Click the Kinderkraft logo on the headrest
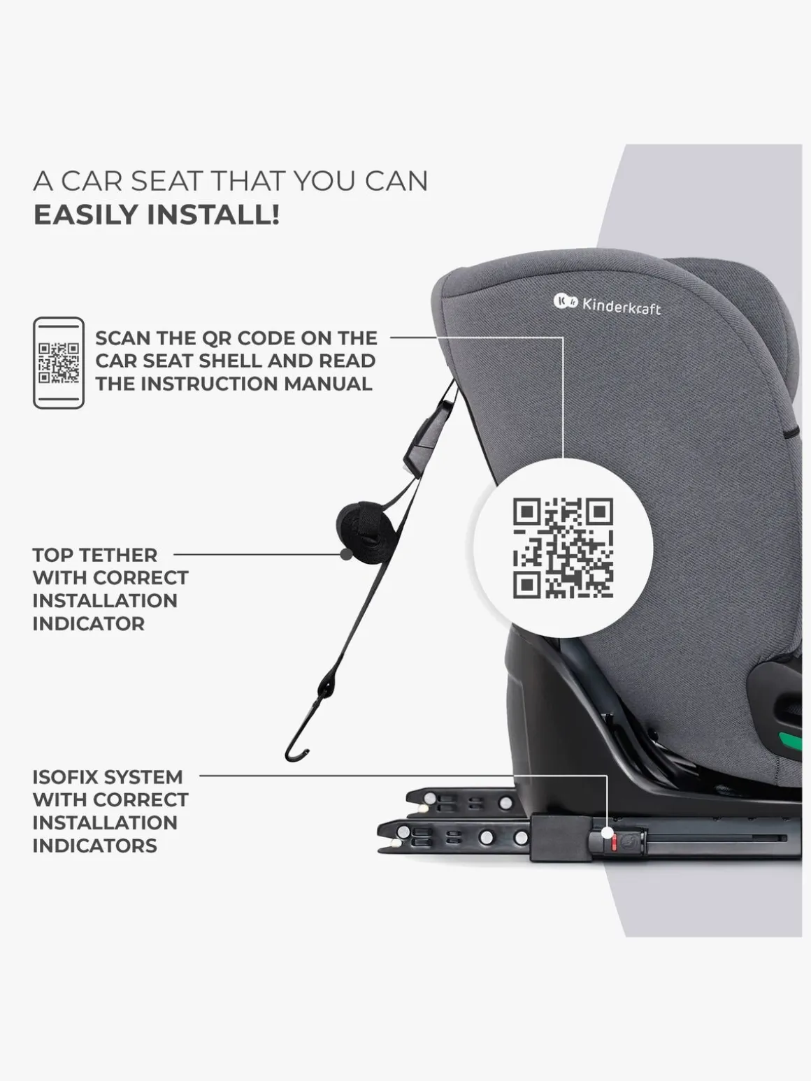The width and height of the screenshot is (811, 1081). (x=607, y=304)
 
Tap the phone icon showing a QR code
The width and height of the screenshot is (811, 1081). (x=59, y=363)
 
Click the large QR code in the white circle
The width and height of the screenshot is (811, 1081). (x=564, y=548)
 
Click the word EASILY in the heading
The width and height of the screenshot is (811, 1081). (x=86, y=215)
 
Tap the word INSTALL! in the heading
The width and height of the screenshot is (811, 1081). (x=213, y=215)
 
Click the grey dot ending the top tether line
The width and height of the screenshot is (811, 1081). (x=346, y=555)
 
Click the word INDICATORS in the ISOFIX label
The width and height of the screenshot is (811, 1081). (x=95, y=846)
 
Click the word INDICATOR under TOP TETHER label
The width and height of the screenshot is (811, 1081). (x=89, y=623)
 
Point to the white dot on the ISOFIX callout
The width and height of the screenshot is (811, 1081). (x=608, y=832)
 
